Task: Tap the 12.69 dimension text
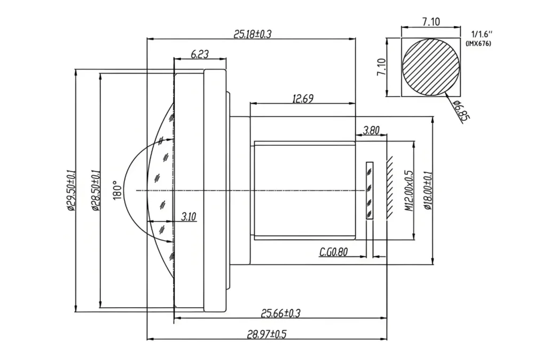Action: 302,98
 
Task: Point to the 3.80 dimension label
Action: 372,130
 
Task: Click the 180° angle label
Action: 118,190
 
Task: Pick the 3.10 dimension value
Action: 189,216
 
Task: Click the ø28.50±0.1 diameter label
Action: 95,190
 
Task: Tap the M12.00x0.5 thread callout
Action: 409,191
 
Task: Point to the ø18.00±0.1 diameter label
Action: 427,191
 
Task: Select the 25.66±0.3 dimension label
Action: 280,314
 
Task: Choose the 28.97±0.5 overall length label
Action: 266,334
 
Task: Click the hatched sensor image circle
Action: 431,67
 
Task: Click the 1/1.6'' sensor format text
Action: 479,34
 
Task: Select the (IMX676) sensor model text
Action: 478,43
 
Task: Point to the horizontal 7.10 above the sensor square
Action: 430,22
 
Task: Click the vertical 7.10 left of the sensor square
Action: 382,67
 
